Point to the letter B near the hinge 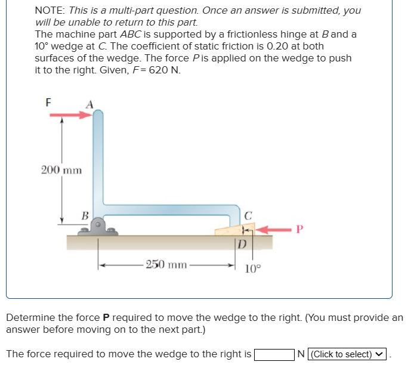85,215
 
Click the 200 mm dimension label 61,170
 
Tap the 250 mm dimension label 168,264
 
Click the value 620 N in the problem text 165,70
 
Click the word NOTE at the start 50,10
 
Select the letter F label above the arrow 48,101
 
